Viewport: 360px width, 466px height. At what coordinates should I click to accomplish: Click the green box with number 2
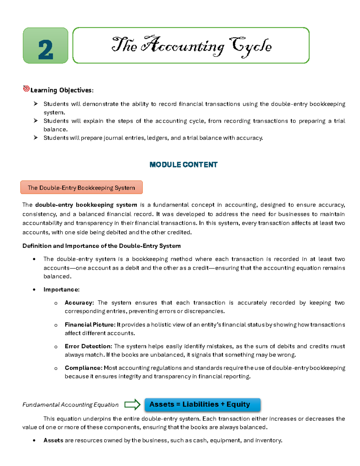coord(46,46)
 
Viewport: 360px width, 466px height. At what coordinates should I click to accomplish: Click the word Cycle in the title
coord(250,47)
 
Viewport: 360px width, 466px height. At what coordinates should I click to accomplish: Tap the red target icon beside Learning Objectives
coord(26,89)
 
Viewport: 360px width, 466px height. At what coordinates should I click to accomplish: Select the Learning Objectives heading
coord(62,90)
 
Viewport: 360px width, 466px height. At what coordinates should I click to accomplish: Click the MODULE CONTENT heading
coord(183,165)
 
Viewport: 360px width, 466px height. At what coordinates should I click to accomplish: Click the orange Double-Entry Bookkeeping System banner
coord(81,188)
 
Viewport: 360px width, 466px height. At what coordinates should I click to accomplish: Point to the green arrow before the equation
coord(132,404)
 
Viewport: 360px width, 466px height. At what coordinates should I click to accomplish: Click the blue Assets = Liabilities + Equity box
coord(202,404)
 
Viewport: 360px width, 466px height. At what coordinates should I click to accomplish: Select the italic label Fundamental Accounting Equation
coord(70,405)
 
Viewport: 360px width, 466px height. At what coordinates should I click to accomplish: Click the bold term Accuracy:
coord(79,303)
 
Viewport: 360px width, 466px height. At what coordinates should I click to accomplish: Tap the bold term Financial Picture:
coord(90,325)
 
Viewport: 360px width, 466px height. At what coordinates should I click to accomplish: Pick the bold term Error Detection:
coord(88,346)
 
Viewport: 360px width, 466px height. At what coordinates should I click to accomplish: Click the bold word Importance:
coord(61,290)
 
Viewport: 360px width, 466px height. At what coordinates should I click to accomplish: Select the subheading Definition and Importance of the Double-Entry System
coord(101,246)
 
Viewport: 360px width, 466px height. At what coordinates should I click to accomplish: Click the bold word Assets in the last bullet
coord(53,440)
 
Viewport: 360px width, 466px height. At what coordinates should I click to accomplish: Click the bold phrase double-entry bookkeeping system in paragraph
coord(86,205)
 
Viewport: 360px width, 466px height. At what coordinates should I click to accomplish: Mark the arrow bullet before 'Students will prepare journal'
coord(36,138)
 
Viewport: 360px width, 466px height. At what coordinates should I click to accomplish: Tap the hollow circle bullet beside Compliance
coord(56,368)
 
